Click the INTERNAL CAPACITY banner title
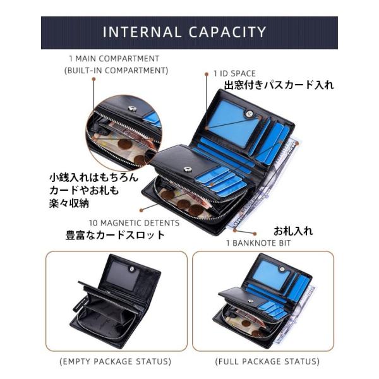(x=184, y=32)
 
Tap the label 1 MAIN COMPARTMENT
(x=114, y=59)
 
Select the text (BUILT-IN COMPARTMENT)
(x=116, y=71)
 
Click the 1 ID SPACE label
(x=234, y=73)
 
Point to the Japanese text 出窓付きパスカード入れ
(x=279, y=85)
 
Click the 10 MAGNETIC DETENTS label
(x=134, y=223)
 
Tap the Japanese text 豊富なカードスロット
(x=115, y=235)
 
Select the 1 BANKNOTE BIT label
(x=258, y=243)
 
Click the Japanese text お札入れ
(x=293, y=231)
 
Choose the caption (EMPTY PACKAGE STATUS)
(x=116, y=361)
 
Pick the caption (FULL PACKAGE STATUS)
(x=267, y=361)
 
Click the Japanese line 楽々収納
(x=69, y=203)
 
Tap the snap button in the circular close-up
(x=132, y=109)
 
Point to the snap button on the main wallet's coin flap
(x=187, y=169)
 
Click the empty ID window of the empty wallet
(x=123, y=276)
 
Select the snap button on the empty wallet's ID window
(x=132, y=268)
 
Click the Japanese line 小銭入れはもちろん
(x=93, y=177)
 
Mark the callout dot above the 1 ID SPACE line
(x=207, y=74)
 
